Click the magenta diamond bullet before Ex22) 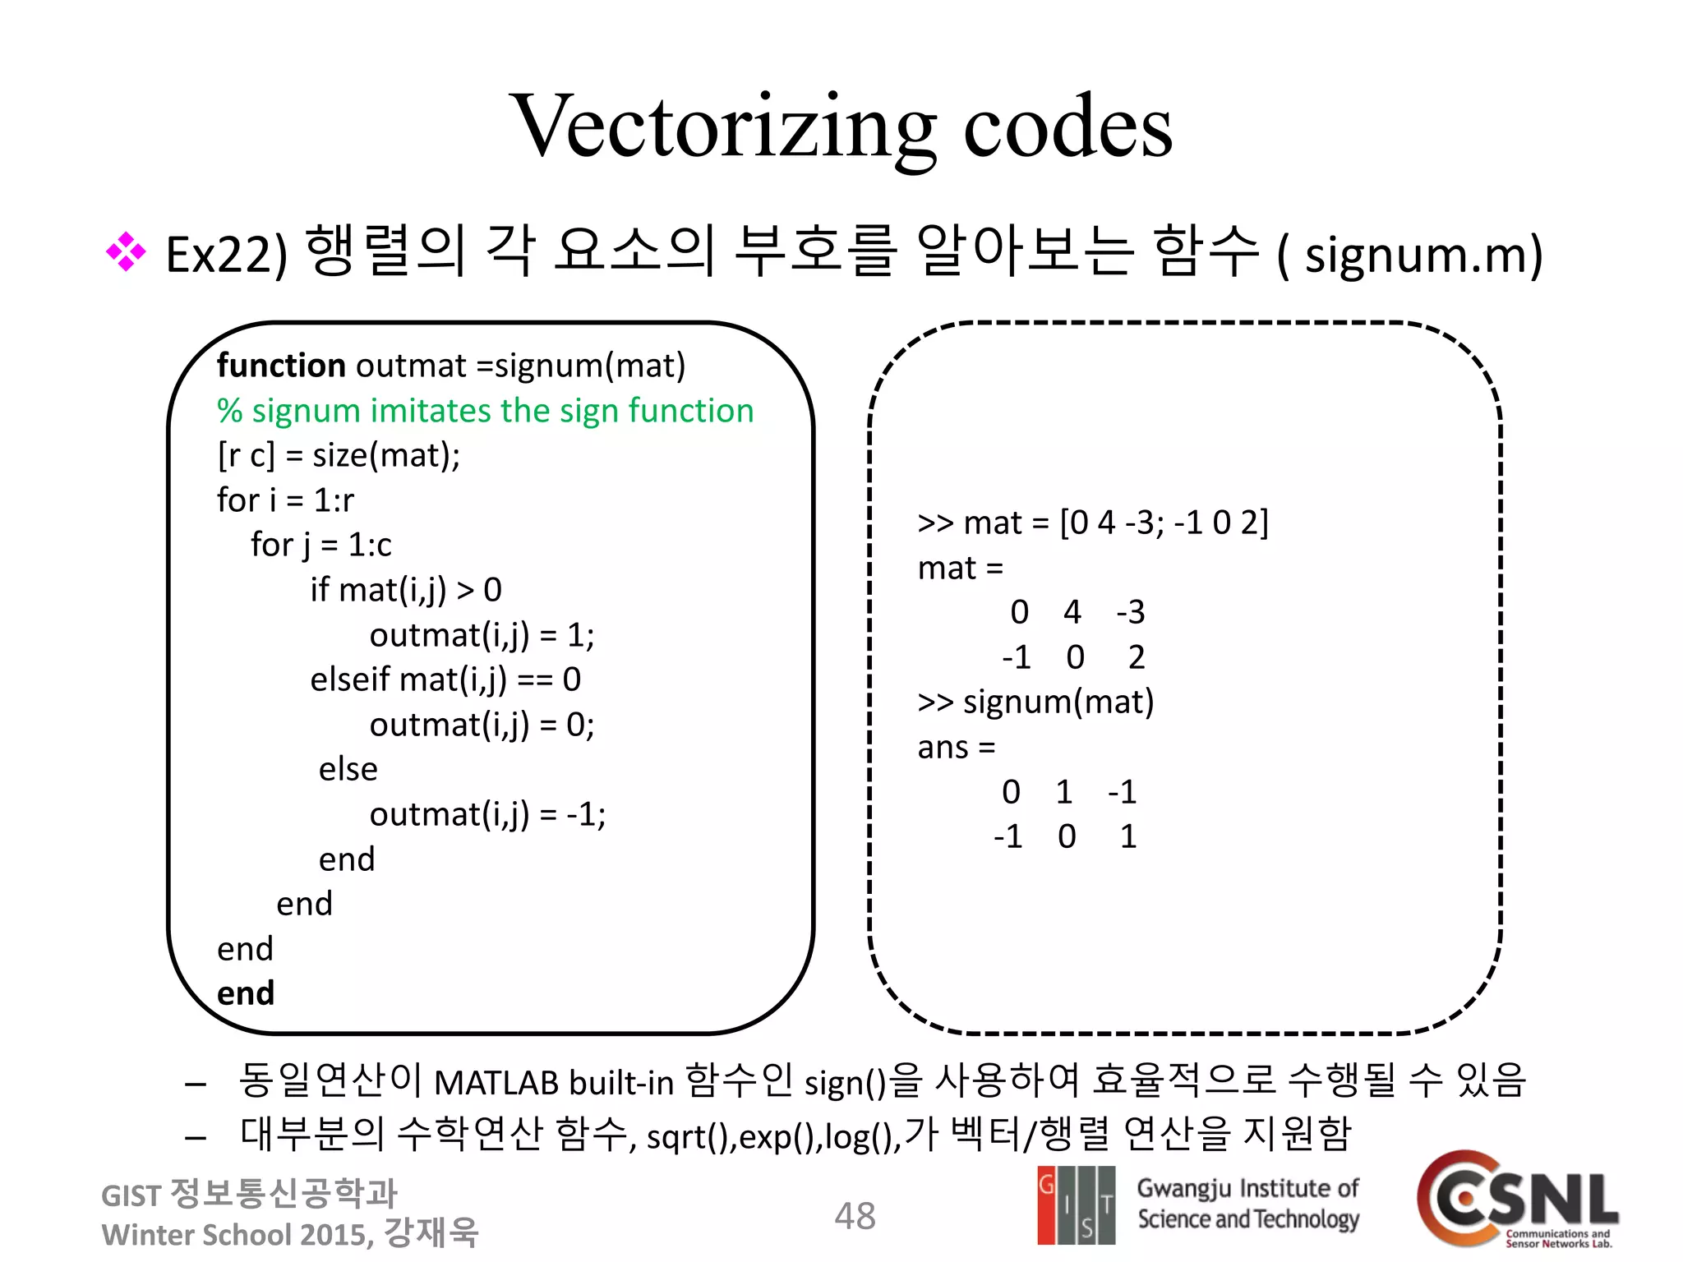pos(126,252)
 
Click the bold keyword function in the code pos(281,366)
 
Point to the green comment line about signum pos(485,411)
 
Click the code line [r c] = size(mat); pos(339,455)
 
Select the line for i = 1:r pos(285,500)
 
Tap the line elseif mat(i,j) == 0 pos(445,679)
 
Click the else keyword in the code pos(348,770)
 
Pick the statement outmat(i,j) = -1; pos(487,814)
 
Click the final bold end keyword pos(245,993)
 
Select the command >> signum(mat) pos(1035,702)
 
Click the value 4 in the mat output pos(1072,612)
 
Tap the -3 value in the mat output pos(1130,612)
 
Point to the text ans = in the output pos(956,748)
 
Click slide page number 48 pos(855,1216)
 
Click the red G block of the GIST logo pos(1046,1204)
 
